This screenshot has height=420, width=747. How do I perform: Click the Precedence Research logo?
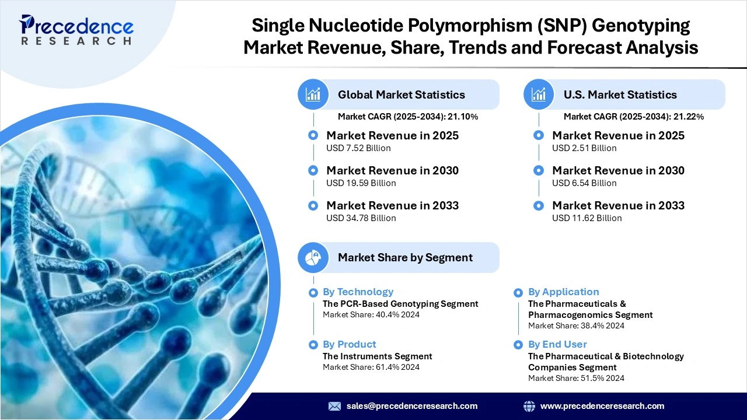pos(76,30)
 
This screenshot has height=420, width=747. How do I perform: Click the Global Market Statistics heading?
pos(401,94)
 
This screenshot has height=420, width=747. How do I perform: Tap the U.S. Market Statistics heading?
pos(620,94)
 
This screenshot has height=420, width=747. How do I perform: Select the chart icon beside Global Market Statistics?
pos(313,94)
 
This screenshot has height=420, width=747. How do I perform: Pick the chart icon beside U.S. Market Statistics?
pos(539,94)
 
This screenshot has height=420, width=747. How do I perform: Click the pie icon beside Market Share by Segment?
pos(313,257)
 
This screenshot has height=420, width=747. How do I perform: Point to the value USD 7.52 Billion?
pos(358,148)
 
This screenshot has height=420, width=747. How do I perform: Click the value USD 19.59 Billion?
pos(361,183)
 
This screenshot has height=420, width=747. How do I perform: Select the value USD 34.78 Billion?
pos(361,218)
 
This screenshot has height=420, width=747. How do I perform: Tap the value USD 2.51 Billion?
pos(584,148)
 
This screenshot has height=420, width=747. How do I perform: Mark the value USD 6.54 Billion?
pos(584,183)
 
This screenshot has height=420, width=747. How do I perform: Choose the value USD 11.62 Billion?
pos(587,218)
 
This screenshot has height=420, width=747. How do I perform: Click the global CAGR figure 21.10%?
pos(463,117)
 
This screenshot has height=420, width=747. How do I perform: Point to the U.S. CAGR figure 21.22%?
pos(689,117)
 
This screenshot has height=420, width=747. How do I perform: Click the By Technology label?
pos(358,292)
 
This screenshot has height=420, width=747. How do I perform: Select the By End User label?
pos(557,344)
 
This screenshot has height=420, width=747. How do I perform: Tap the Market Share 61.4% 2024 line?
pos(371,367)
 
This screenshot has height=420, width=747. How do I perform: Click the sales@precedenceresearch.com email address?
pos(412,406)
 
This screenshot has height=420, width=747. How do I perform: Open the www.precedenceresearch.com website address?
pos(602,406)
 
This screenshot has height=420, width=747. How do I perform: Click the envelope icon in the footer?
pos(334,406)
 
